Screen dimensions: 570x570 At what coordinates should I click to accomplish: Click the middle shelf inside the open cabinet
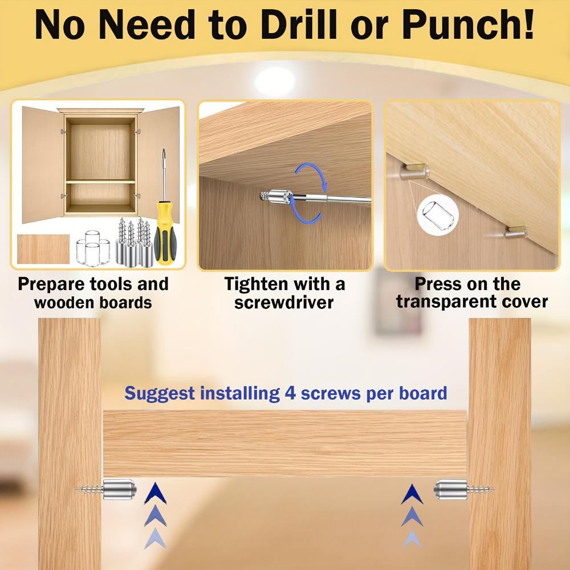pyautogui.click(x=100, y=181)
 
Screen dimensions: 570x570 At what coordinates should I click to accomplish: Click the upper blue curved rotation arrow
pyautogui.click(x=311, y=174)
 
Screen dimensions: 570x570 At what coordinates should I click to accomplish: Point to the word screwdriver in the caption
pyautogui.click(x=284, y=302)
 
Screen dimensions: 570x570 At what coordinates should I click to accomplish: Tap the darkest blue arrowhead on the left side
pyautogui.click(x=156, y=494)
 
